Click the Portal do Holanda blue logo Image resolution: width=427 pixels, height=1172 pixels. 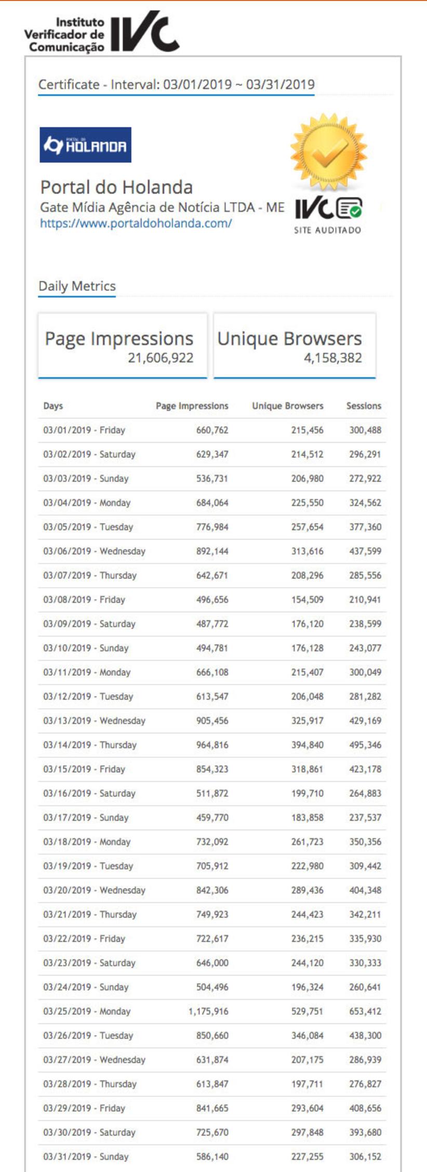pyautogui.click(x=86, y=145)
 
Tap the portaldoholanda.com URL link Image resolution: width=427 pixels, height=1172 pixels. pyautogui.click(x=136, y=223)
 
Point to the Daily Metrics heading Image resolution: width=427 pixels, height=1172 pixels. pyautogui.click(x=77, y=286)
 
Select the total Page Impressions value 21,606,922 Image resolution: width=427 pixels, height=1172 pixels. pyautogui.click(x=161, y=358)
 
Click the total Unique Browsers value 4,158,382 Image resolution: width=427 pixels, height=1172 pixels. pyautogui.click(x=332, y=358)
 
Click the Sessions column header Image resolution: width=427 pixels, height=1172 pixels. pyautogui.click(x=364, y=406)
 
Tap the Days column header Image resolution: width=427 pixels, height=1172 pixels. pyautogui.click(x=53, y=406)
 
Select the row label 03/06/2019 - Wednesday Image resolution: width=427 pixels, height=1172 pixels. pyautogui.click(x=94, y=551)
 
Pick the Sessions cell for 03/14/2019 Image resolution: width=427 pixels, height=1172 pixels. pyautogui.click(x=365, y=745)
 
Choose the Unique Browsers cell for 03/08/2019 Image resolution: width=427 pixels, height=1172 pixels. pyautogui.click(x=307, y=599)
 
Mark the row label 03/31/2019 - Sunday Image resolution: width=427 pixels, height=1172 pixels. pyautogui.click(x=86, y=1156)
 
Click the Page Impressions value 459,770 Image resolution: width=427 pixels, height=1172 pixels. pyautogui.click(x=212, y=818)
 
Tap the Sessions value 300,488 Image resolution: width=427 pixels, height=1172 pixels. pyautogui.click(x=365, y=430)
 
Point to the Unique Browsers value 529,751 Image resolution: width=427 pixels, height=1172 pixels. pyautogui.click(x=307, y=1011)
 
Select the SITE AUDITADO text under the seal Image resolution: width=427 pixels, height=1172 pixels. pyautogui.click(x=327, y=230)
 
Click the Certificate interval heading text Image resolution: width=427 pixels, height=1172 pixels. pyautogui.click(x=177, y=85)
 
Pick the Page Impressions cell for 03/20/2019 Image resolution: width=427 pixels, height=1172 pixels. pyautogui.click(x=212, y=890)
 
